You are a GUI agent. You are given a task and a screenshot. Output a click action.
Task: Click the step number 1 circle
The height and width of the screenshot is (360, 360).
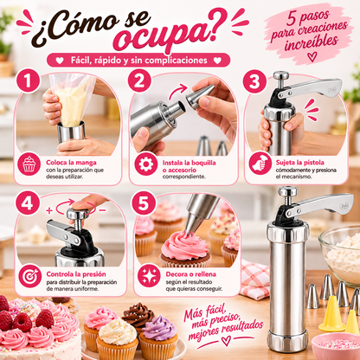click(x=28, y=80)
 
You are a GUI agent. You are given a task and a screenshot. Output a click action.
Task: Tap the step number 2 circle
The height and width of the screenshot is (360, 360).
click(x=139, y=80)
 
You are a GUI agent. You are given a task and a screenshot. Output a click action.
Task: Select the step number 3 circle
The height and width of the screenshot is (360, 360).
click(x=254, y=81)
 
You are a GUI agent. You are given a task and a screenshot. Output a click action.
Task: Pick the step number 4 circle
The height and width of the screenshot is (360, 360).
click(x=27, y=202)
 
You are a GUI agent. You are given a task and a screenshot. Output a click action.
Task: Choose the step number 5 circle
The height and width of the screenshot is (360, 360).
click(x=144, y=202)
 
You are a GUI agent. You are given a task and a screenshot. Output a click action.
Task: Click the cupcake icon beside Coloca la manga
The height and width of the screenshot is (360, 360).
click(x=29, y=164)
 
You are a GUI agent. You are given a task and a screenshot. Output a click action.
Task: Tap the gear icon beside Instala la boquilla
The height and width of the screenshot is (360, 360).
click(x=146, y=164)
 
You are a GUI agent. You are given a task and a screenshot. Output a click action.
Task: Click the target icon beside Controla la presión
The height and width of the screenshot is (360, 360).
click(x=30, y=276)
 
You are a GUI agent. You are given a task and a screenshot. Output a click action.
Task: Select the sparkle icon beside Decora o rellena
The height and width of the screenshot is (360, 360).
click(x=149, y=276)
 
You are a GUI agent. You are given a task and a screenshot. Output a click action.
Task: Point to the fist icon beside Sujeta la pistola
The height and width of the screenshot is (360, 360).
click(x=260, y=164)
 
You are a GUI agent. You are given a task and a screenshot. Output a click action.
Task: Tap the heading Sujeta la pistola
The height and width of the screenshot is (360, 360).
click(x=300, y=163)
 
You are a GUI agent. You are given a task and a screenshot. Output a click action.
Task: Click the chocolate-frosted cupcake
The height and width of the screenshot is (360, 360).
click(x=138, y=317)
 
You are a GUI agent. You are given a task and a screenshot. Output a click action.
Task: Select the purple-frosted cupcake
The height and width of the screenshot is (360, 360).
click(x=159, y=337)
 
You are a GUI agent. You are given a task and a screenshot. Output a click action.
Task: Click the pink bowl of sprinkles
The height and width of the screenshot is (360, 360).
click(x=336, y=346)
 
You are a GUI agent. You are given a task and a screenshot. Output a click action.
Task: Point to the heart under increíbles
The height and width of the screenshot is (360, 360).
click(x=312, y=56)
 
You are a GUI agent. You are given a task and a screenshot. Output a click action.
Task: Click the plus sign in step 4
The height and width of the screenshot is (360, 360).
click(x=49, y=210)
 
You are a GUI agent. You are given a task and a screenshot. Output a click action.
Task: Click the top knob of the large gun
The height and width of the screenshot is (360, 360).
click(x=287, y=190)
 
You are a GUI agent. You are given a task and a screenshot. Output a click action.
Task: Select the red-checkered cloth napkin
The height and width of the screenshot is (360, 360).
click(x=254, y=279)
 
